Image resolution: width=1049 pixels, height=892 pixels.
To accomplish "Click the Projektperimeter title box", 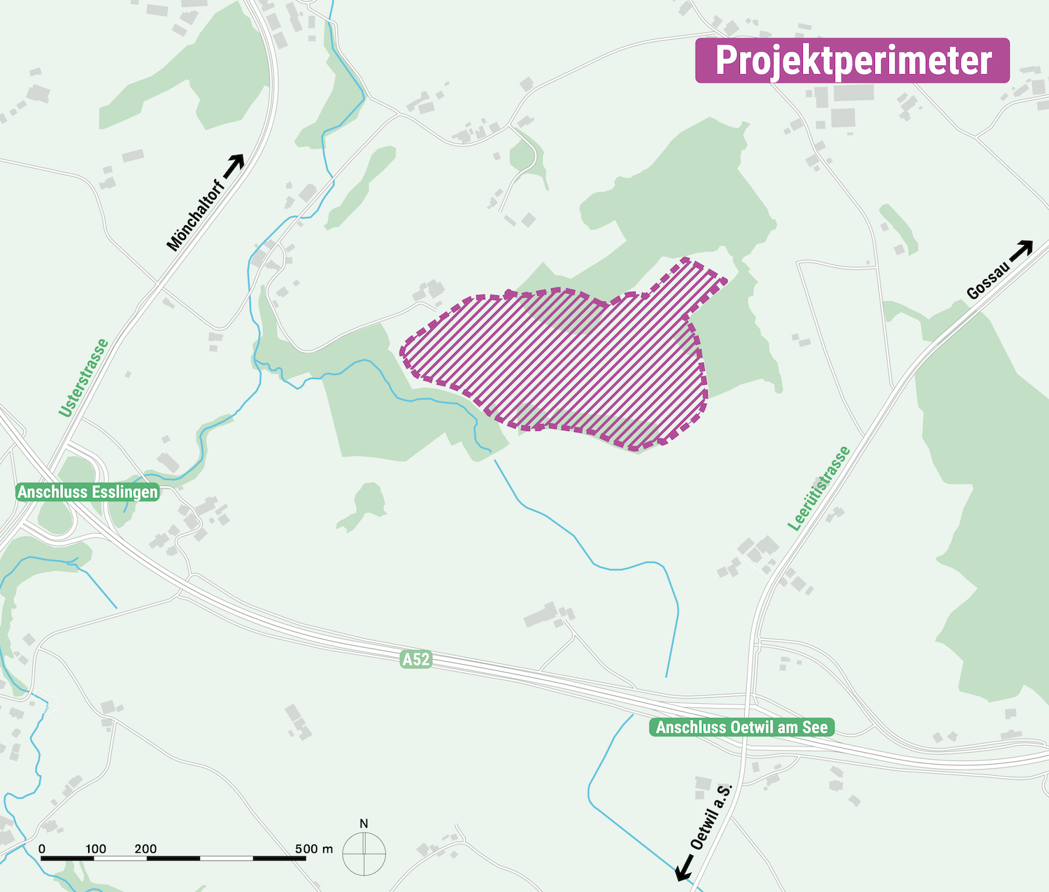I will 852,61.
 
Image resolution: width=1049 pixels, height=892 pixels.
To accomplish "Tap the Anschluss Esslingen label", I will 87,492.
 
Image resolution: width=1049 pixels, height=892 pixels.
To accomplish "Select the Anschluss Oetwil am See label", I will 741,728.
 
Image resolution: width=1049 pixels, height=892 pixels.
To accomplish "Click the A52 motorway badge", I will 415,659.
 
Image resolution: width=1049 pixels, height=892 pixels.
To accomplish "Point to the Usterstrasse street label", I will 84,378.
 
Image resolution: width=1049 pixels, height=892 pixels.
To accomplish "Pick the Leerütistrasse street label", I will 819,488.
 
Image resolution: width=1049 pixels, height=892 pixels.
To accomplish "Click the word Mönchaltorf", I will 196,215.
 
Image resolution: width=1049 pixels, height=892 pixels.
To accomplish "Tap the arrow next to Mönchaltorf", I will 234,164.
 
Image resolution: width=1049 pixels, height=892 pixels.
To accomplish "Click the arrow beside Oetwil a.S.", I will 685,868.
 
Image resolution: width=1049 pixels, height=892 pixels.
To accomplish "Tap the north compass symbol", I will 364,854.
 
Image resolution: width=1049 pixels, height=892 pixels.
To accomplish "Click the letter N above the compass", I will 364,823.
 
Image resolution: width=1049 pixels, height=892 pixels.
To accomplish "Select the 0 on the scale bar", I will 42,849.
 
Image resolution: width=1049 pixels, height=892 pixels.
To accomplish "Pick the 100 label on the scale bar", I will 96,849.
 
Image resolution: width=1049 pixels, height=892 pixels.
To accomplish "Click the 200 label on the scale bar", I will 145,849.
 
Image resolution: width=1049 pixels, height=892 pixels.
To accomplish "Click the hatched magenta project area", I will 559,364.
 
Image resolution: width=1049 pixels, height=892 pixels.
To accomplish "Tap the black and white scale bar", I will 173,858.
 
